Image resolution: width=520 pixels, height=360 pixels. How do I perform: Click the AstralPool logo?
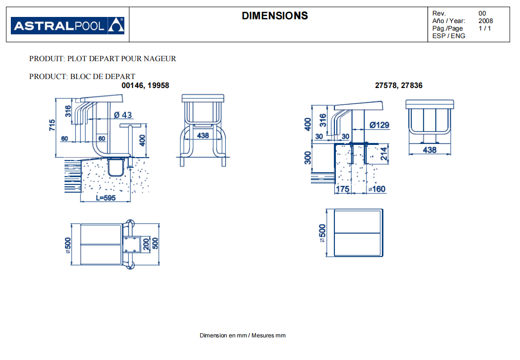pos(68,25)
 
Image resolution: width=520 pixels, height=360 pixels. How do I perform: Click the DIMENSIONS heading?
pos(275,16)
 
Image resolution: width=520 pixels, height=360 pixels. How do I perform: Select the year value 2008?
pos(486,21)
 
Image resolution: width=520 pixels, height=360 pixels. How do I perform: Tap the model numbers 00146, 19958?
pos(145,86)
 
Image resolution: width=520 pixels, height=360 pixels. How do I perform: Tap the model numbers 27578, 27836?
pos(398,86)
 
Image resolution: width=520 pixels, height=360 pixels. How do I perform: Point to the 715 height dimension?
pos(52,125)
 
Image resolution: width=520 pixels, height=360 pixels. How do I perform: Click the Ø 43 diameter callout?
pos(123,115)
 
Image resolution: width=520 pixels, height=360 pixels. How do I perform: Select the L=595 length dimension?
pos(106,198)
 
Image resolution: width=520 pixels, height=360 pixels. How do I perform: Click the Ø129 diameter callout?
pos(379,125)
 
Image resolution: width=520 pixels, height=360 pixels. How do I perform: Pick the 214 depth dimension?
pos(384,154)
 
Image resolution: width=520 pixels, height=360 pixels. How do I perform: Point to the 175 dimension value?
pos(342,189)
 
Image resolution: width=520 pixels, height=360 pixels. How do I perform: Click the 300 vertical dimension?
pos(308,158)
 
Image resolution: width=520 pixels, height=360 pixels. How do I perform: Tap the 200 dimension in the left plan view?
pos(146,244)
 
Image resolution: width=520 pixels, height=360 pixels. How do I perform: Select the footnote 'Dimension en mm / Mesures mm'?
pos(243,336)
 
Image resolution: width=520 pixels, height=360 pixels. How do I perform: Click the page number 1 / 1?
pos(485,29)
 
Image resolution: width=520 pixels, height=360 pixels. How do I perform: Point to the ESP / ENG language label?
pos(449,36)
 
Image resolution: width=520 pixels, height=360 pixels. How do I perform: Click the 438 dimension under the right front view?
pos(430,150)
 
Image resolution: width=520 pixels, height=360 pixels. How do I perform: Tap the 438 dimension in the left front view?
pos(203,136)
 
